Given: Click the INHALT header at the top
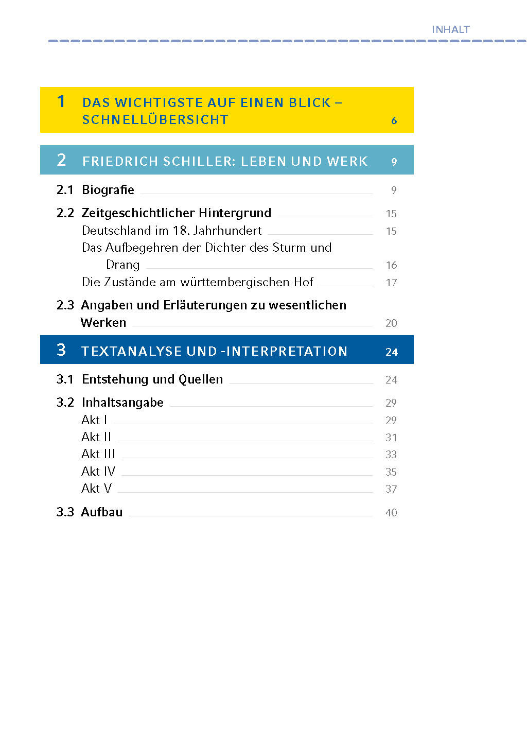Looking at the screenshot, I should tap(450, 30).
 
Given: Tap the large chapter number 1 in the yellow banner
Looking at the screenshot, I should tap(61, 101).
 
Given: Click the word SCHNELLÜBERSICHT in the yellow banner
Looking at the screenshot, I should tap(155, 120).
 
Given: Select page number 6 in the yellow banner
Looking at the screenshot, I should tap(394, 120).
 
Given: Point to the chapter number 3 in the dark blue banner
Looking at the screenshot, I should tap(61, 350).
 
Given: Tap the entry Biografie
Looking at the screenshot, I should tap(108, 190).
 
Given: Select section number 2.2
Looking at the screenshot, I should tap(65, 213).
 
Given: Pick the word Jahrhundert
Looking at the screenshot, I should tap(227, 231).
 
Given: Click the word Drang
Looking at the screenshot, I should tap(122, 265).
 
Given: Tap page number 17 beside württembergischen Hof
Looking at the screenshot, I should tap(391, 283).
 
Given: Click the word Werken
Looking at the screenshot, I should tap(103, 323).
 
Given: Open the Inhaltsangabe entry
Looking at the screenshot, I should tap(122, 403).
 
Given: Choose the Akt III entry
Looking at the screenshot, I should tap(98, 454).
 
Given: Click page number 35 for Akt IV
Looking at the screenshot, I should tap(391, 472).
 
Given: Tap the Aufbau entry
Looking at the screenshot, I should tap(102, 512).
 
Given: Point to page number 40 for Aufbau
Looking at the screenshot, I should tap(391, 513).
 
